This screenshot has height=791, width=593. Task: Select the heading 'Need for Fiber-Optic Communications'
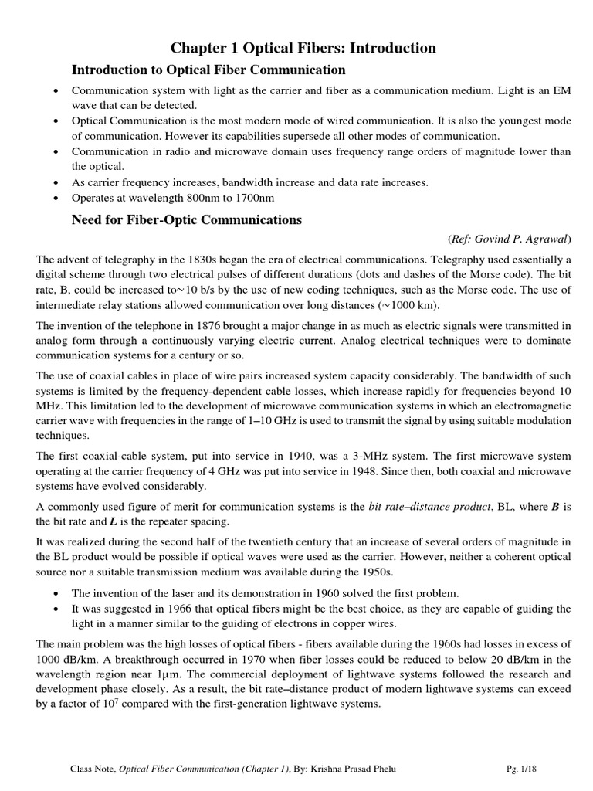tap(186, 219)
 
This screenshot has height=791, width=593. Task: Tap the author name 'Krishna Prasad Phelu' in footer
tap(374, 769)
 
